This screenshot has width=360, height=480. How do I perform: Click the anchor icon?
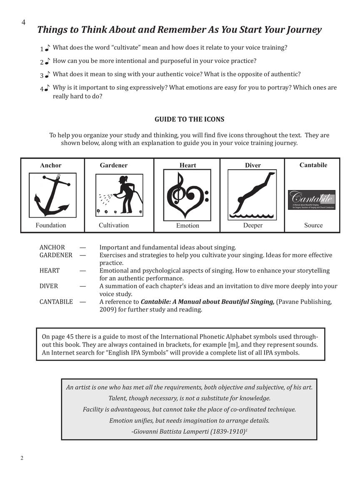pos(52,195)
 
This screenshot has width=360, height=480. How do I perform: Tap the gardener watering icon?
pos(119,195)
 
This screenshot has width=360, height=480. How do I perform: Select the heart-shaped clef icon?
pos(187,195)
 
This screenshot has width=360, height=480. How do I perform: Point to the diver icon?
pos(252,195)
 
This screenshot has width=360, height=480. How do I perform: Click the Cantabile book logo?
pos(312,200)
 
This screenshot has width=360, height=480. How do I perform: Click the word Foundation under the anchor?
pos(50,225)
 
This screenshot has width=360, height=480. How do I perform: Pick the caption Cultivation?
pos(114,225)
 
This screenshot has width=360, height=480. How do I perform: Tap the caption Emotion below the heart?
pos(187,226)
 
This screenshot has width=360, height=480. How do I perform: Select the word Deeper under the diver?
pos(252,225)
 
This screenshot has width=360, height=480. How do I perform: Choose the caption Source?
pos(313,225)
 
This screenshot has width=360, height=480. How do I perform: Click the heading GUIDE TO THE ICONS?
pos(189,120)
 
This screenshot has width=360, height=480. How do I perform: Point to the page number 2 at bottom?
pos(22,458)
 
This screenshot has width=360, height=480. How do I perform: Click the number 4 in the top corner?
pos(23,23)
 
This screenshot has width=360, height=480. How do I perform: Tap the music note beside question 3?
pos(47,75)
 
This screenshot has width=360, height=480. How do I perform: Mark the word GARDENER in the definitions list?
pos(56,255)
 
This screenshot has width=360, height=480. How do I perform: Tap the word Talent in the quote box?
pos(118,398)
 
